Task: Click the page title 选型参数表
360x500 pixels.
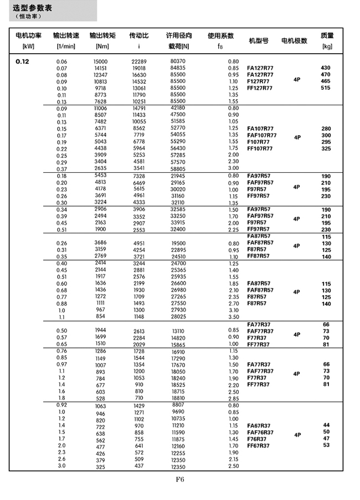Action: click(34, 8)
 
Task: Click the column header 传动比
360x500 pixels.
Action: click(138, 35)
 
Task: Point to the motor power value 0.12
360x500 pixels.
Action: click(23, 61)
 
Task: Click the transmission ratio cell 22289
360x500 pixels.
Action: click(139, 61)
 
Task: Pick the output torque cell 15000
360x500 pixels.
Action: click(100, 61)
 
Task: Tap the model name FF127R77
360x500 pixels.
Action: click(260, 88)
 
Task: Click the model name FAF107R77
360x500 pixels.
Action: click(261, 135)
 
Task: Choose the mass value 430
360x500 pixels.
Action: click(326, 68)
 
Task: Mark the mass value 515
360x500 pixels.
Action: click(326, 88)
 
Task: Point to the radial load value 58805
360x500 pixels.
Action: click(178, 168)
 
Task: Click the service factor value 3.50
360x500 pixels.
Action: click(233, 317)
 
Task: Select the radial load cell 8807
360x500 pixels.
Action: click(178, 406)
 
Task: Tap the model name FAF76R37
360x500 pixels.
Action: click(260, 432)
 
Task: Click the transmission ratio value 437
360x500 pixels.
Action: click(139, 466)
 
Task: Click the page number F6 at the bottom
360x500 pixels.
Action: click(180, 480)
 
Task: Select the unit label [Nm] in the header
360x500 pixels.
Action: click(102, 47)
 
